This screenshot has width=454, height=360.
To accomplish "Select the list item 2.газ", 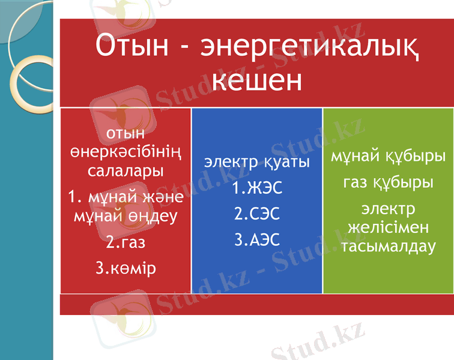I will click(126, 242).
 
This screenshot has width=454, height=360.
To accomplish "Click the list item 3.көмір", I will click(126, 268).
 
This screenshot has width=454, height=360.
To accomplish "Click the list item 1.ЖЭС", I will click(257, 188).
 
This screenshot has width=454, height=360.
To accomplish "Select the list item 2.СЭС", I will click(257, 214).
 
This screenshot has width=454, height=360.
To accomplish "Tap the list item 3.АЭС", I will click(257, 240).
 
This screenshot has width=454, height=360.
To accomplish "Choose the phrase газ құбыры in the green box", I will click(388, 182).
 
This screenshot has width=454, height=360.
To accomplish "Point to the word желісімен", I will click(388, 227).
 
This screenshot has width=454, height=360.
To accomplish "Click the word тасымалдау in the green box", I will click(388, 246).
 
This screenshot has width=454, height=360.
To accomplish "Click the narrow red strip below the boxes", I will click(256, 304).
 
